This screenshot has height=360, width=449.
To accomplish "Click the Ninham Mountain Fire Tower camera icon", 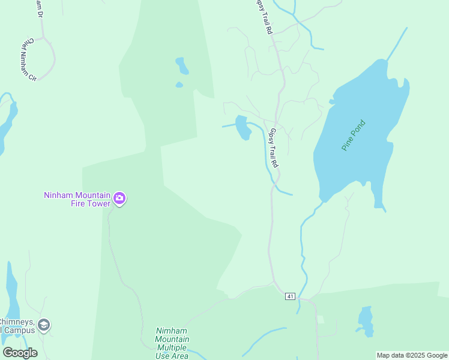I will click(119, 199).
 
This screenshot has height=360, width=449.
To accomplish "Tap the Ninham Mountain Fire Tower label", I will click(77, 199).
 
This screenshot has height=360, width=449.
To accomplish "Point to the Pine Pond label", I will click(354, 136).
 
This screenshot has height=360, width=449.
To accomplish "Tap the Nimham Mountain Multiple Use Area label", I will click(172, 343).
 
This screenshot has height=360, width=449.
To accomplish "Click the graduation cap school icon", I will click(44, 325).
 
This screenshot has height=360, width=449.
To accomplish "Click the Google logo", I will click(20, 352).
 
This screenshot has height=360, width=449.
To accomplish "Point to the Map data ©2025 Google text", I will click(412, 355).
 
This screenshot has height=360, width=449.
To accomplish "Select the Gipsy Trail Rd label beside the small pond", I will click(274, 148).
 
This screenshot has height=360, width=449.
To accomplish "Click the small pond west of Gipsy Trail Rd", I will click(243, 128).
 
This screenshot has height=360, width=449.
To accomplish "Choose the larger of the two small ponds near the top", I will click(182, 65).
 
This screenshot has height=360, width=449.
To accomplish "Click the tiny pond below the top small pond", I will click(179, 85).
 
